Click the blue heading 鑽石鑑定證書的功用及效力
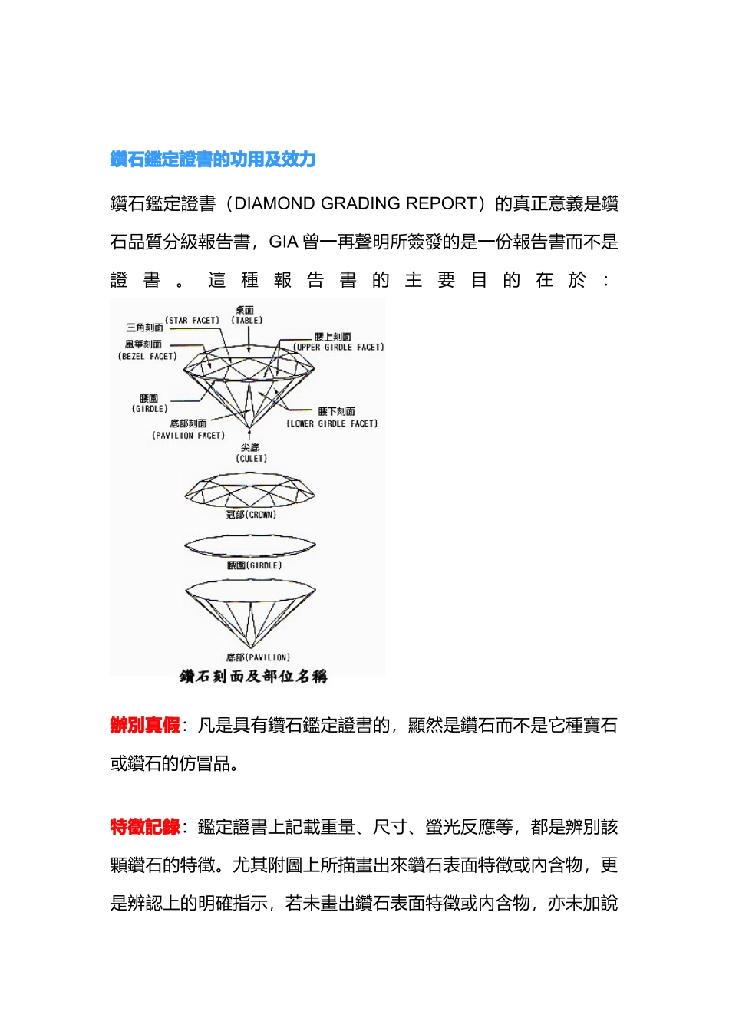click(x=213, y=160)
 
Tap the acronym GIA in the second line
click(x=283, y=242)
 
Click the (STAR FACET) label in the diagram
click(x=192, y=321)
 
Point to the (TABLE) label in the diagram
click(x=246, y=321)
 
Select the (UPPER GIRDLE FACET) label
click(x=338, y=348)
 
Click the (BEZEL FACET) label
click(x=147, y=357)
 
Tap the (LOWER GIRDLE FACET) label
click(x=332, y=423)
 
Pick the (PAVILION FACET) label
click(x=188, y=436)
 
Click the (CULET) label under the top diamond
click(x=251, y=459)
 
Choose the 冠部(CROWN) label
click(x=251, y=515)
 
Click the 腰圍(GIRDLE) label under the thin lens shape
click(x=254, y=566)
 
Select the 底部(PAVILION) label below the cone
click(x=258, y=658)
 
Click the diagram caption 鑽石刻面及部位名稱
click(x=253, y=677)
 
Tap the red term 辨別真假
click(x=145, y=726)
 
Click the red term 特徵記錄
click(x=145, y=827)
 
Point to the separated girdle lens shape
click(x=250, y=546)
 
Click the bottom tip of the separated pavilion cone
click(x=250, y=646)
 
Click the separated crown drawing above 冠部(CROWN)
click(x=250, y=489)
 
